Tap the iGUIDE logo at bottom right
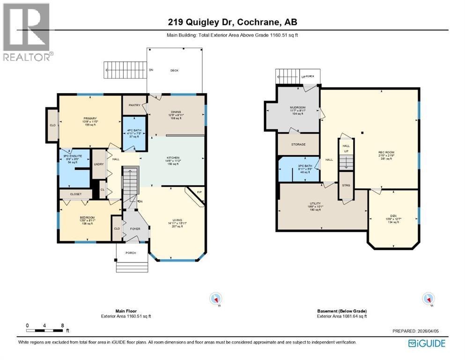pos(427,343)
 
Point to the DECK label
pos(174,70)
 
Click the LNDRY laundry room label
pos(99,164)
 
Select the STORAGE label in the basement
pos(298,144)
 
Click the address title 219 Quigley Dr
pos(232,22)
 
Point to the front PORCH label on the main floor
pos(131,253)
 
